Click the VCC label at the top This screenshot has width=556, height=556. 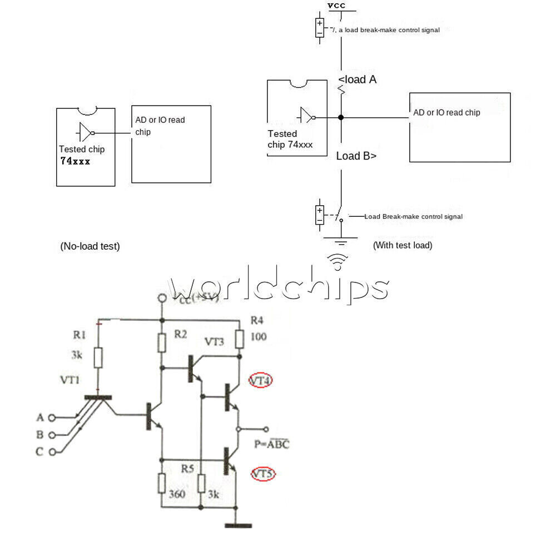click(x=336, y=6)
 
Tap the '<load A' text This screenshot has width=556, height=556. click(x=357, y=80)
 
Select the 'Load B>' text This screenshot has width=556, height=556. click(x=356, y=156)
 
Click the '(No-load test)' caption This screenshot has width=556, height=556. click(x=90, y=246)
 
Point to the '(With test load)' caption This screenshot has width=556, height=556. click(x=402, y=245)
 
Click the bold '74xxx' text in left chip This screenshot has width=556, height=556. click(x=75, y=161)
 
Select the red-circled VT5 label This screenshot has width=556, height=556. click(x=262, y=474)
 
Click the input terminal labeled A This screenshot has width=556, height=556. click(x=53, y=418)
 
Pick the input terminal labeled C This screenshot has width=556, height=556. click(x=53, y=452)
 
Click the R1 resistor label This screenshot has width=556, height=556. click(x=79, y=335)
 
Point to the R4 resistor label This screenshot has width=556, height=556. click(x=257, y=320)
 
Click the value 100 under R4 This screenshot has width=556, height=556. click(x=258, y=337)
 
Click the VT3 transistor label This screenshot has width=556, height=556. click(x=215, y=341)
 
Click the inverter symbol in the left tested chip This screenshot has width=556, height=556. click(x=85, y=132)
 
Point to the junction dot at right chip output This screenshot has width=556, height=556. click(x=341, y=117)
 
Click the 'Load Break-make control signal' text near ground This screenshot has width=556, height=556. click(x=413, y=216)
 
